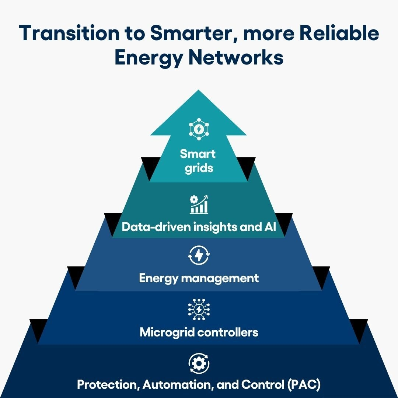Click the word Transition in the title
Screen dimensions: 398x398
point(69,33)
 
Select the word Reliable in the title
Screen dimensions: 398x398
point(339,33)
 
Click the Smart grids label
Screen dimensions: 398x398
point(198,161)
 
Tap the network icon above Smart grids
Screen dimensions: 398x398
point(199,129)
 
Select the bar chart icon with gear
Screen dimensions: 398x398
point(199,204)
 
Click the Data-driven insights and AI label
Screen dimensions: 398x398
point(199,227)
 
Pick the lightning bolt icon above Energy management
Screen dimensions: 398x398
point(199,255)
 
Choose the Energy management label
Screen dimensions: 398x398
point(199,279)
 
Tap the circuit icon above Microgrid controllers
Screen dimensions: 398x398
point(199,310)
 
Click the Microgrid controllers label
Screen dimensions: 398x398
point(199,332)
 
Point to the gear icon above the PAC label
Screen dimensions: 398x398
point(199,363)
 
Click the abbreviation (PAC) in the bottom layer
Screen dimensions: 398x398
point(304,384)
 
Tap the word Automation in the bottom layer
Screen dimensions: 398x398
point(177,384)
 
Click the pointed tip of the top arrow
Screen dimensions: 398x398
point(199,90)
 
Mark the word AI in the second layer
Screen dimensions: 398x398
point(270,226)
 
